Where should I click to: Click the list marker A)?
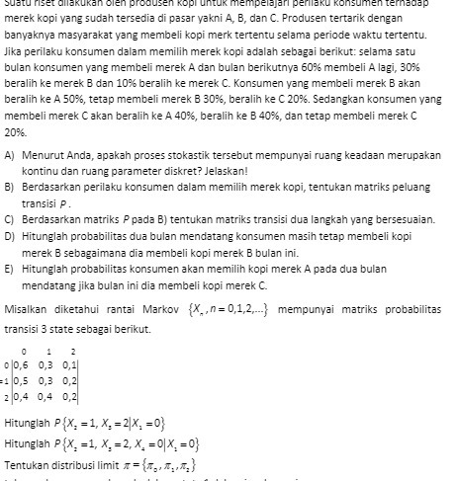point(10,156)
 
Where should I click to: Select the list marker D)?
point(10,237)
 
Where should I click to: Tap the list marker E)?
point(10,267)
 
